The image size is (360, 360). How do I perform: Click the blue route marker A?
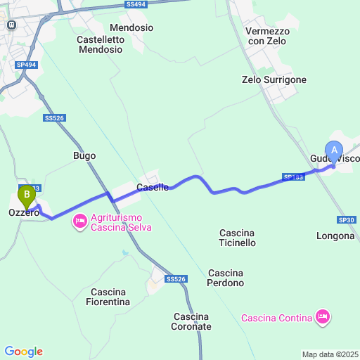click(x=334, y=149)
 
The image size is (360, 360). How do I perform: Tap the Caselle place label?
click(x=153, y=187)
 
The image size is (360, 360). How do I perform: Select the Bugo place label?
click(x=84, y=155)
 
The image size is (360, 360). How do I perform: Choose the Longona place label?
click(x=335, y=236)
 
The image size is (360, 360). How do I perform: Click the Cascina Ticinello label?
click(x=238, y=238)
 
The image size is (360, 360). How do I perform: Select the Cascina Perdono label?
click(x=226, y=278)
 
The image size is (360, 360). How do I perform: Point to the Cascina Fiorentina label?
click(x=108, y=297)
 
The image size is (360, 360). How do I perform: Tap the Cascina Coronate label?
click(x=191, y=321)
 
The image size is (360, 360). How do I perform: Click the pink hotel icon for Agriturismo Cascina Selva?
click(x=79, y=222)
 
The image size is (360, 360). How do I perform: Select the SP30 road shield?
click(x=346, y=220)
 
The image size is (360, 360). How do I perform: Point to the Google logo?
click(x=23, y=352)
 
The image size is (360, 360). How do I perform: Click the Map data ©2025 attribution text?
click(x=330, y=354)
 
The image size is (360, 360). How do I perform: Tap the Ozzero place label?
click(x=23, y=212)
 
